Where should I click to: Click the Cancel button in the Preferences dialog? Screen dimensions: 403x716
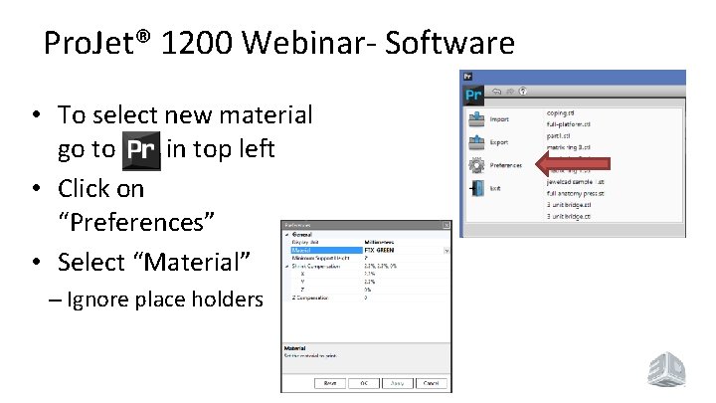[x=430, y=383]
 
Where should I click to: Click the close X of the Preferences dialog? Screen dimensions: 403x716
[x=447, y=226]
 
